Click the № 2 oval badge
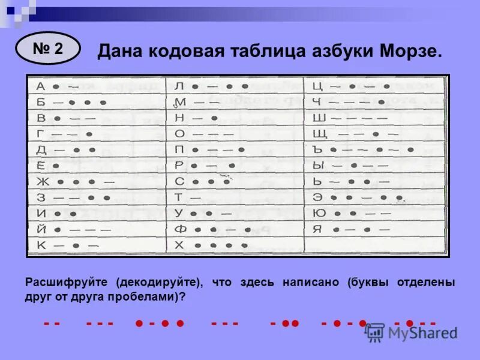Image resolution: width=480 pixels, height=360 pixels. [x=48, y=49]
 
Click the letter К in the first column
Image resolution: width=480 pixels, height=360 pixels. [x=41, y=245]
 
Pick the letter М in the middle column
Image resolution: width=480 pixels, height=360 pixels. [x=179, y=103]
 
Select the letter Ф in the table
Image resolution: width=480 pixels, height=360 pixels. [x=179, y=229]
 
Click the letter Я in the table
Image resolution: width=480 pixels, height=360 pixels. [x=318, y=229]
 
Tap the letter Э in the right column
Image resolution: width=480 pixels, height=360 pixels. [x=318, y=197]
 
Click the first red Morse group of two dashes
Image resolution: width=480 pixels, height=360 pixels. [x=52, y=324]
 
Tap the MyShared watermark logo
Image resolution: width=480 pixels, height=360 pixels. [x=411, y=332]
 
